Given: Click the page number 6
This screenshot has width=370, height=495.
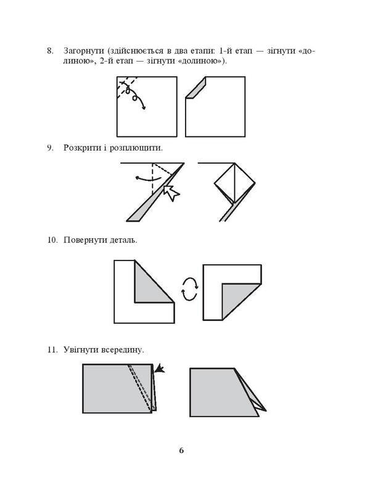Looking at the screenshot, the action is click(x=181, y=451).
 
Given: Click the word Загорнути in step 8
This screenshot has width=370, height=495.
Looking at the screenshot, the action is click(x=84, y=51).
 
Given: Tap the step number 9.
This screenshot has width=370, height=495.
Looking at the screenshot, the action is click(x=51, y=148).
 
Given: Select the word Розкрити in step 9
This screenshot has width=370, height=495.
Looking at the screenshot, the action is click(x=81, y=148).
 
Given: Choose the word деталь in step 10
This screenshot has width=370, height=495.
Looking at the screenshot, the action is click(x=123, y=240).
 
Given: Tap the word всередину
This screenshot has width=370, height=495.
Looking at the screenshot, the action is click(x=122, y=350).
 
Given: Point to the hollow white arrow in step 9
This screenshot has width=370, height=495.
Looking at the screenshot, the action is click(x=171, y=193).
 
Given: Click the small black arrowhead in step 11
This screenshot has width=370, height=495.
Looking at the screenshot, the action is click(x=160, y=368).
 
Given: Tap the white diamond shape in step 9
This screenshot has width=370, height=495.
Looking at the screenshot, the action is click(x=235, y=183).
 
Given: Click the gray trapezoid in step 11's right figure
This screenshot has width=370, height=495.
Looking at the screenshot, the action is click(x=224, y=393).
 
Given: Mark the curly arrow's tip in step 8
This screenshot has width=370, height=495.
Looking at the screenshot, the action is click(x=145, y=109).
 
